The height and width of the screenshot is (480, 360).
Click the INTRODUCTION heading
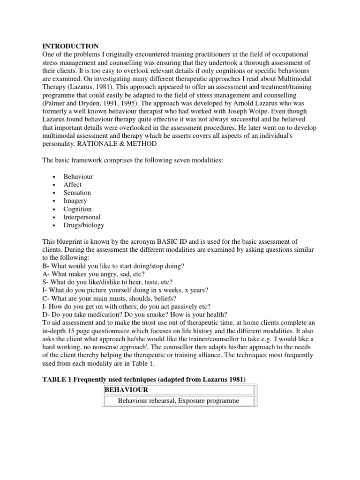click(71, 46)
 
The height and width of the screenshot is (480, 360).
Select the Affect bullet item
click(72, 185)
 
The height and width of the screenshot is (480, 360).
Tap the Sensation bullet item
click(77, 193)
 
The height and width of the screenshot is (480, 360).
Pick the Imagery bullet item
click(75, 201)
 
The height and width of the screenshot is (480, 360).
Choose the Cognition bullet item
click(78, 209)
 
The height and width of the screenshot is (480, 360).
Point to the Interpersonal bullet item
click(82, 217)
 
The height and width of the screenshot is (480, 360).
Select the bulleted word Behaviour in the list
click(78, 177)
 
